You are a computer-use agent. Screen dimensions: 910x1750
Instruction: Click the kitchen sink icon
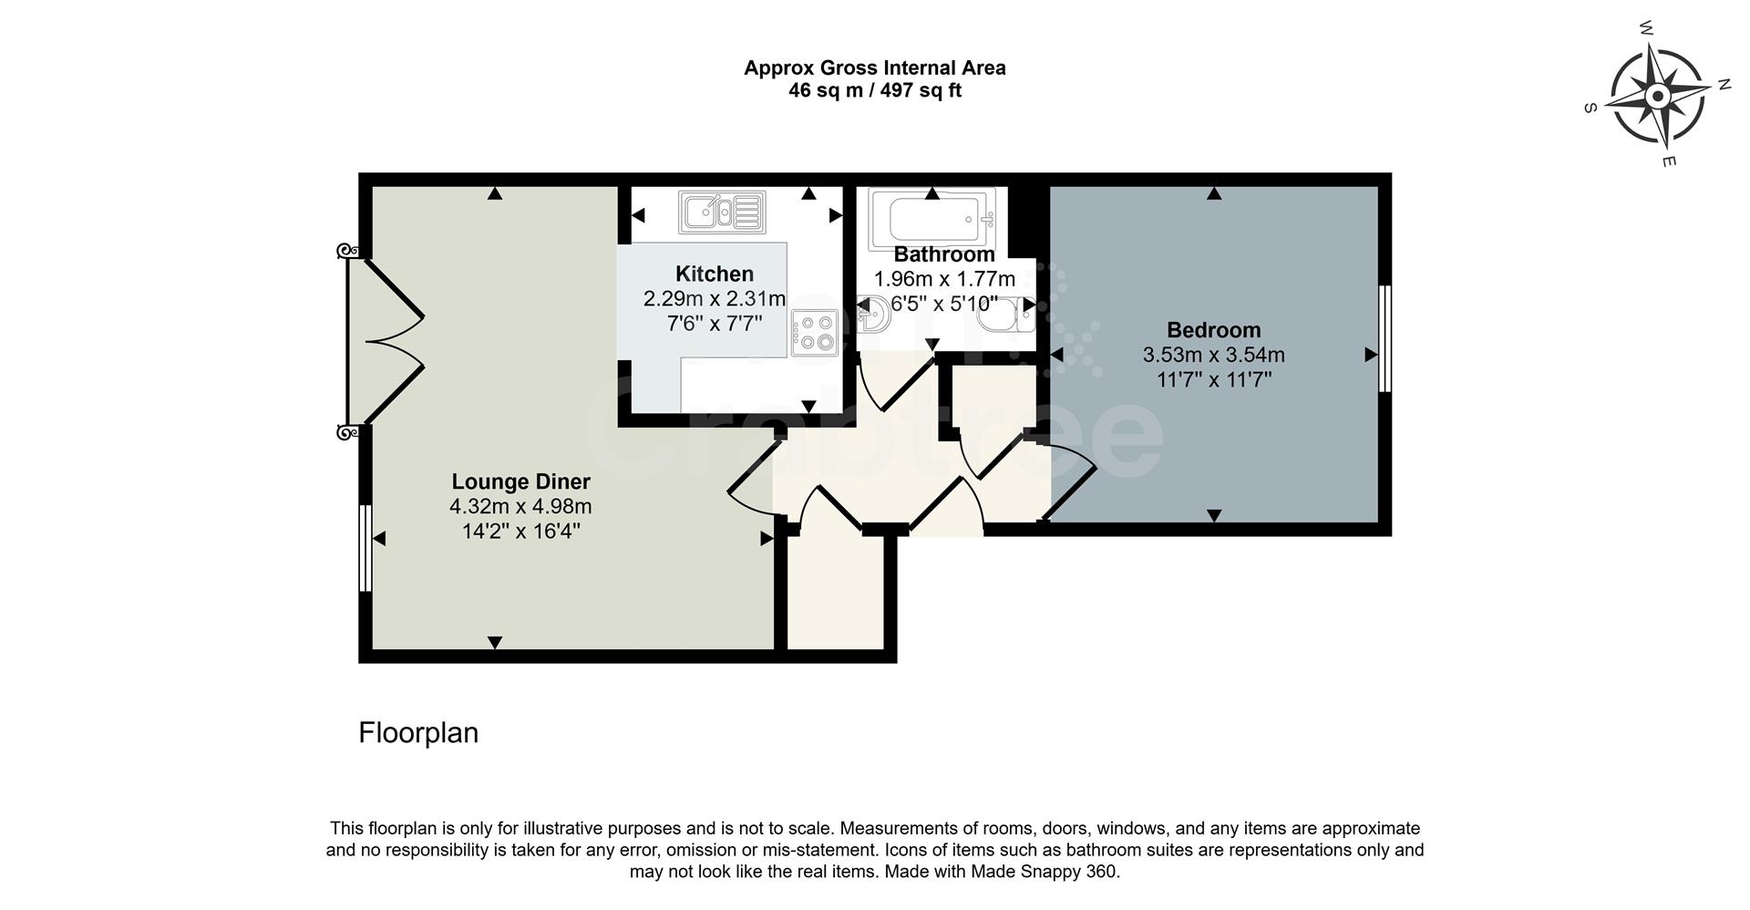722,212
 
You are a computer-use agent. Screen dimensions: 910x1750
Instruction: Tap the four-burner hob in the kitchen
815,332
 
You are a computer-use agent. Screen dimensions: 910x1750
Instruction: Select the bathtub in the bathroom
932,219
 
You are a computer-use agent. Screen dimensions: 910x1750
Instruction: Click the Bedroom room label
1213,330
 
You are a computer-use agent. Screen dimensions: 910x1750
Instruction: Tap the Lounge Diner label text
520,481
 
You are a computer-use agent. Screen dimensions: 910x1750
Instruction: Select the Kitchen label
714,274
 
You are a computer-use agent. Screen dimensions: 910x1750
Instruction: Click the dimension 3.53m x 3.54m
1213,355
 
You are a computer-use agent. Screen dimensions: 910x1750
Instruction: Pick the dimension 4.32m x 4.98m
520,506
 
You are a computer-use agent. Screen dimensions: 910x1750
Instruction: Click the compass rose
1657,96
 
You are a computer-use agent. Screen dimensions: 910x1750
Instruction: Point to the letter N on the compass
1724,85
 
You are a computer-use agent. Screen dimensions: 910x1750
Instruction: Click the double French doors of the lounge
387,342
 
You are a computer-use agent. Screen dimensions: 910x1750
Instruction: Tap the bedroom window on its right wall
1385,338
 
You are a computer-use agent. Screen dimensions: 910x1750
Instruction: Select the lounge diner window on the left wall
365,548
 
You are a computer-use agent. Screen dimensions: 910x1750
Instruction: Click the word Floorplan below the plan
417,733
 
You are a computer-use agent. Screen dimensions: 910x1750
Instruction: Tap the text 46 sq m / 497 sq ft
874,90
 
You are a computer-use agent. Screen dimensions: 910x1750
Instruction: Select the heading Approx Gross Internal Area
874,67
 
